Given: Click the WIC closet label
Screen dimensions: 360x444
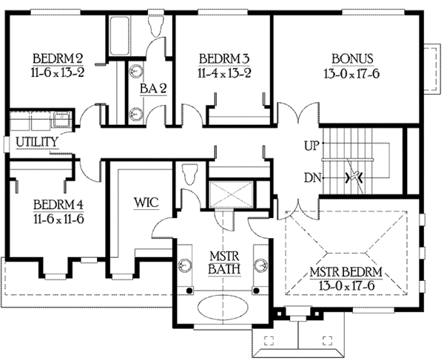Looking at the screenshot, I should pos(144,202).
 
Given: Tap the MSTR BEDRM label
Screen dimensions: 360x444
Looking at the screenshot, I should pos(350,278).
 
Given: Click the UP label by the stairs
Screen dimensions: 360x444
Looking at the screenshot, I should pos(312,146).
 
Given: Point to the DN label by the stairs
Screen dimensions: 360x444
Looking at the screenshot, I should pos(312,177).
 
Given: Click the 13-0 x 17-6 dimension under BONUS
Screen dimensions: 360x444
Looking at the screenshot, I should pos(351,74).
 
